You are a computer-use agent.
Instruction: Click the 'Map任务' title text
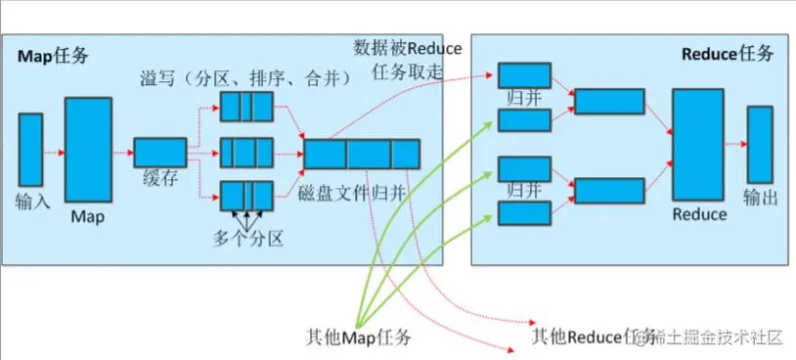(53, 56)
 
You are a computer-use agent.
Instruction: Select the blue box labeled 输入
(31, 150)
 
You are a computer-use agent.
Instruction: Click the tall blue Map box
(87, 149)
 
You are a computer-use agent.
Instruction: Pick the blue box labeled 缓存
(159, 152)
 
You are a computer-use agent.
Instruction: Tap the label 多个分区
(248, 239)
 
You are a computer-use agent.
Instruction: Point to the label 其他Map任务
(357, 337)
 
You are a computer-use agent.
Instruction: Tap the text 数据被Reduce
(409, 48)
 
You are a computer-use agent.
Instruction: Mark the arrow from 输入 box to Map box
(54, 152)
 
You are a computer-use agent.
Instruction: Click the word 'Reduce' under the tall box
(700, 214)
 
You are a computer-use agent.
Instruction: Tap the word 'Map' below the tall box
(87, 217)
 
